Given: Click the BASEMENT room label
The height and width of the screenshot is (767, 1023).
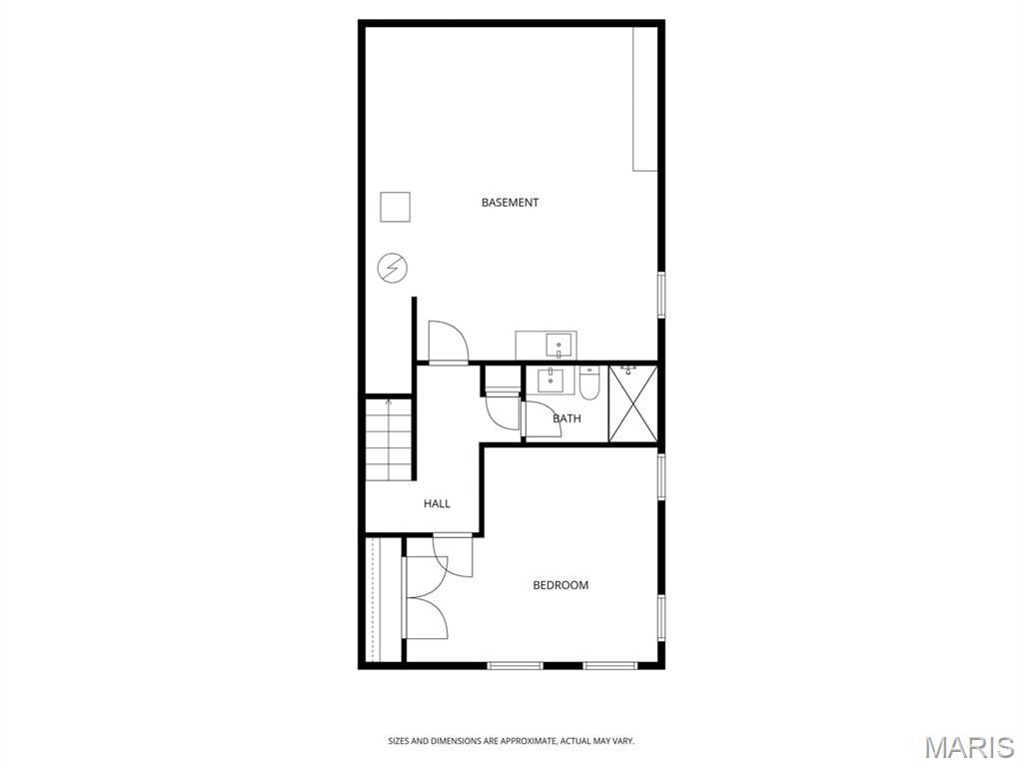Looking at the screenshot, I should [x=510, y=203].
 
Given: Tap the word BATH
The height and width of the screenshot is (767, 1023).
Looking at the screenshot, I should [x=566, y=418].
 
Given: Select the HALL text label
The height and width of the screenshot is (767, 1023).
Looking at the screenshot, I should [x=437, y=504].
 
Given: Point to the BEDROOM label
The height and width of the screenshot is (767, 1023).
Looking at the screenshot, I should [x=560, y=585].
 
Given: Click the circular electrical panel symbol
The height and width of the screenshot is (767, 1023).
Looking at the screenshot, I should [x=392, y=268].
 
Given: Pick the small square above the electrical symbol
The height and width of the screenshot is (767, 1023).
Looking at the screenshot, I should [x=396, y=207].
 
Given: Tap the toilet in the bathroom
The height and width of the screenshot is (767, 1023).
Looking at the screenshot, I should [x=589, y=383].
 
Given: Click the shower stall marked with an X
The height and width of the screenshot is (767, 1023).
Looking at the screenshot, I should [x=633, y=402].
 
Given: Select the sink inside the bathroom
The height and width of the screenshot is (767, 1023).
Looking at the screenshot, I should [x=549, y=381].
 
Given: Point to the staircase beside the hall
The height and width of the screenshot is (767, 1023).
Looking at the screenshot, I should [x=389, y=439].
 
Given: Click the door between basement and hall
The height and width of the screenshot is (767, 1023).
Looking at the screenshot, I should [x=448, y=343].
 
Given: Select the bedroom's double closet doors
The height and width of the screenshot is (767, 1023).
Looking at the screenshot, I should [x=425, y=599].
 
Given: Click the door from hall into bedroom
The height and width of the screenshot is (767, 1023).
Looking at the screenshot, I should [x=453, y=555].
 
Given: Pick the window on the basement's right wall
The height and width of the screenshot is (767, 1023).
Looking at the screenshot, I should [x=660, y=295].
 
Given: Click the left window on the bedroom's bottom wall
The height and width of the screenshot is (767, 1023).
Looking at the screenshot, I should [x=514, y=665].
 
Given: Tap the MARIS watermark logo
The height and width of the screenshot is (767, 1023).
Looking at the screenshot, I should [x=969, y=746].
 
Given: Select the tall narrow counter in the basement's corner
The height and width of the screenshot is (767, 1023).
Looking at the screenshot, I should [x=645, y=99].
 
